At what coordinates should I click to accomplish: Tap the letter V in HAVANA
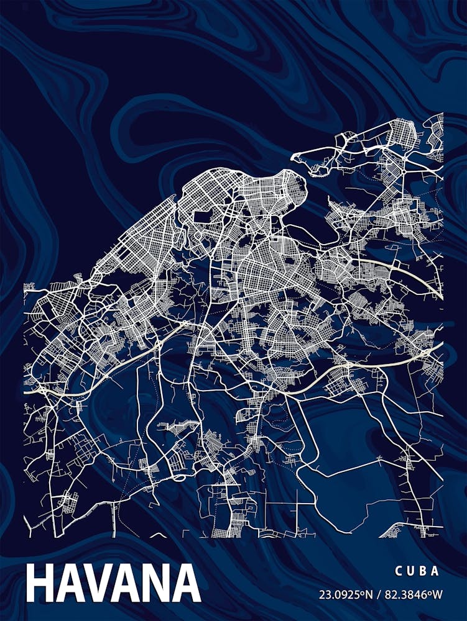click(99, 584)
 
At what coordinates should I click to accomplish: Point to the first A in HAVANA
click(70, 584)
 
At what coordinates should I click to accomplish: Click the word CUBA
click(417, 571)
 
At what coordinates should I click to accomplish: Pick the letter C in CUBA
click(397, 571)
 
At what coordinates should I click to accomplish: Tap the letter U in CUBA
click(410, 571)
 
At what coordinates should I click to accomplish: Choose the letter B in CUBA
click(423, 571)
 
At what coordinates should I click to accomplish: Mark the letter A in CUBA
click(436, 571)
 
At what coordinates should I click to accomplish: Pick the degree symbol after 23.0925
click(362, 592)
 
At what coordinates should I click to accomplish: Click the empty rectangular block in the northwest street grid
click(202, 217)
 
